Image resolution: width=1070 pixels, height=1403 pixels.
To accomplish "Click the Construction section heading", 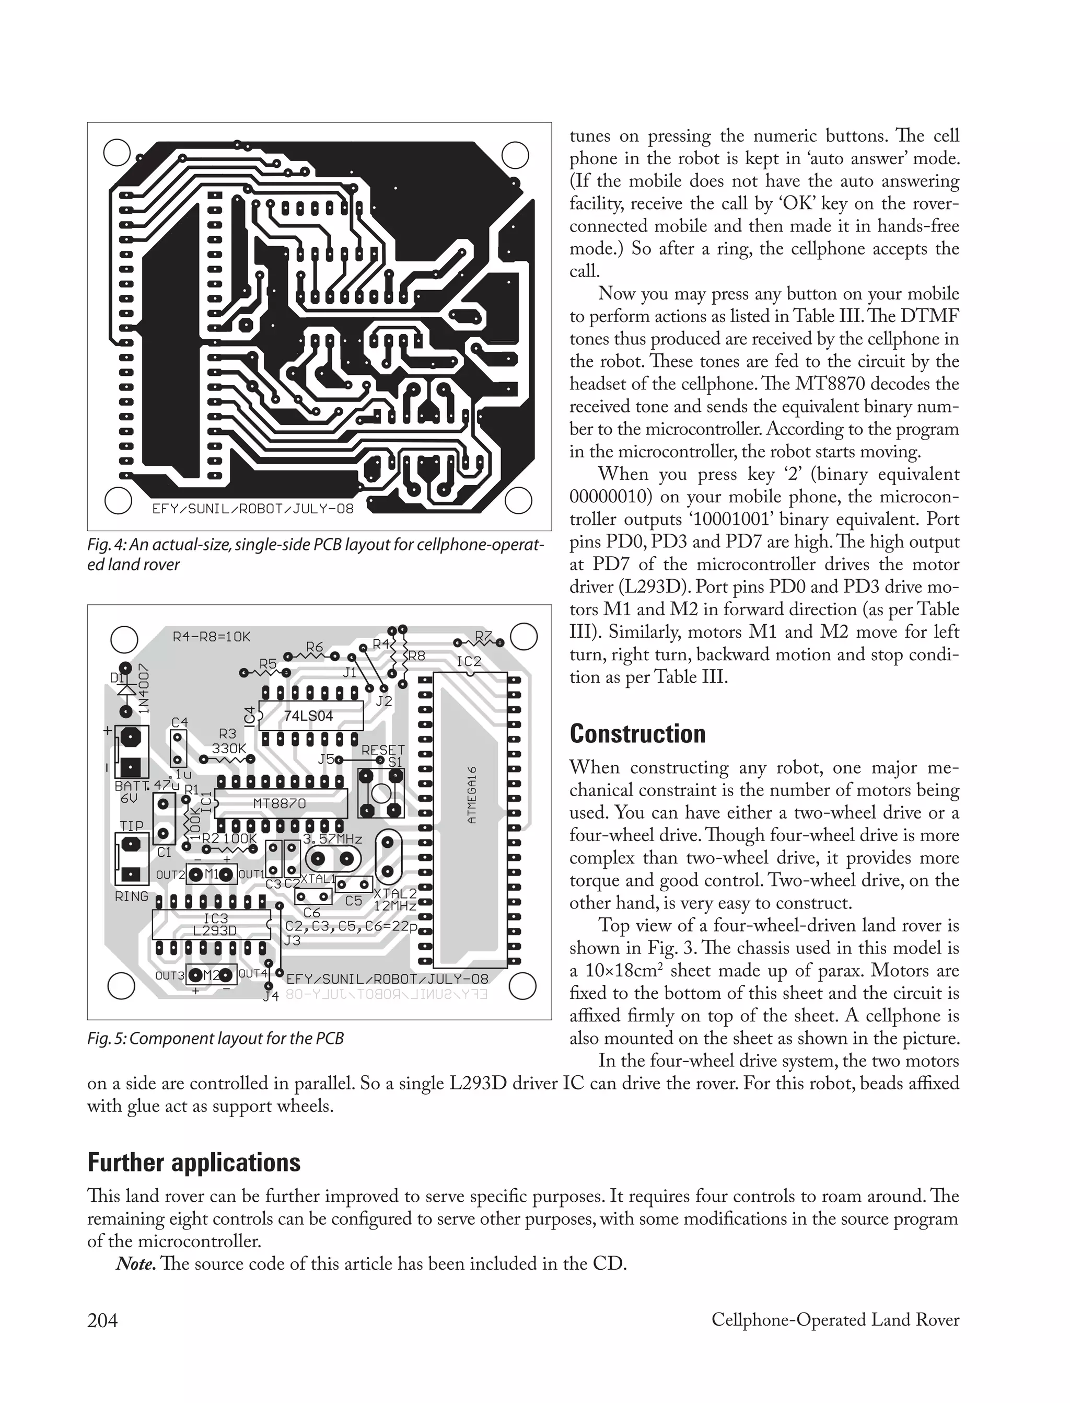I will coord(637,734).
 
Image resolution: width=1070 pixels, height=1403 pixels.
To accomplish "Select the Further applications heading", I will coord(194,1162).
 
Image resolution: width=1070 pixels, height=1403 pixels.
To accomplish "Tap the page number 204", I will coord(102,1319).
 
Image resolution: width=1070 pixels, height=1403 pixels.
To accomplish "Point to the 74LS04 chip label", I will coord(308,716).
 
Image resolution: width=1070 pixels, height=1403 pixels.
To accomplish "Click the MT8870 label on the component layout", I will coord(280,803).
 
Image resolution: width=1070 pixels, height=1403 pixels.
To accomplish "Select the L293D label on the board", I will coord(215,930).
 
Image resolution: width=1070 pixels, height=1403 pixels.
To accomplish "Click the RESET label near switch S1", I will coord(383,750).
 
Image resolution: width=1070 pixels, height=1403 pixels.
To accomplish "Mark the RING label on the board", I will coord(131,896).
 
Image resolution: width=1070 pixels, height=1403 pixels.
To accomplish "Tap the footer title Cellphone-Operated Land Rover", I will coord(835,1319).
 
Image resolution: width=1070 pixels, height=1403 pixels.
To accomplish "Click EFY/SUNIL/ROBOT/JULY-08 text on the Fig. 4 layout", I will coord(252,509).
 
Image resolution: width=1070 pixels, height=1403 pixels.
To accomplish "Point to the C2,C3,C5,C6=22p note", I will coord(352,926).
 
